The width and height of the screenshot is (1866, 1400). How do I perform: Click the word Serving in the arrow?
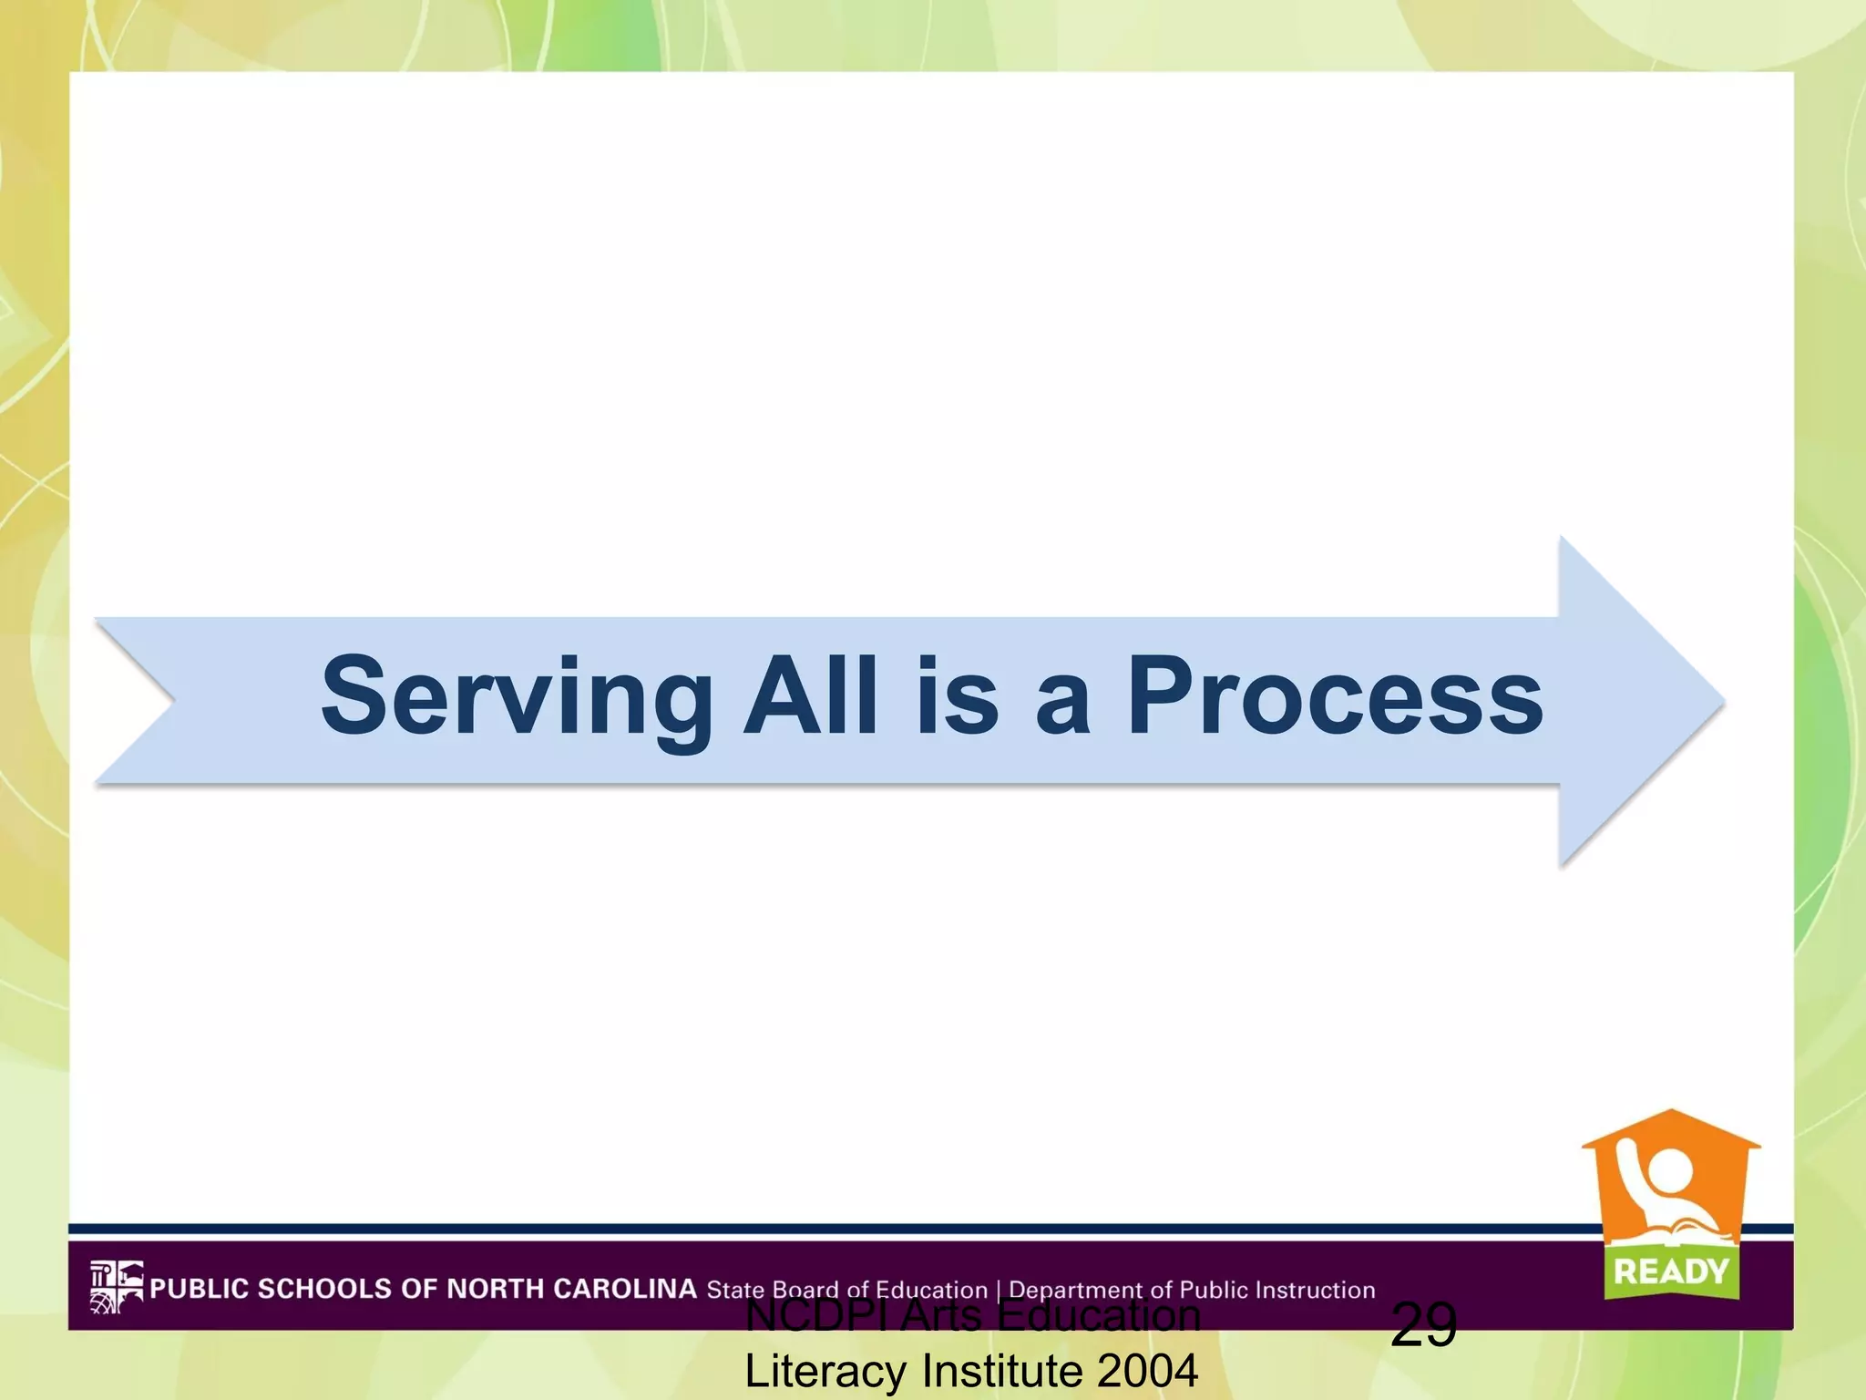point(516,698)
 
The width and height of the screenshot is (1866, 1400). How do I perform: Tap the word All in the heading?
point(811,696)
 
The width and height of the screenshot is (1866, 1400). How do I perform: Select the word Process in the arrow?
point(1335,696)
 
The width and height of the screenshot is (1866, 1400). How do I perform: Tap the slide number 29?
point(1423,1324)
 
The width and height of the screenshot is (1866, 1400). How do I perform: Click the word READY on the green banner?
point(1671,1271)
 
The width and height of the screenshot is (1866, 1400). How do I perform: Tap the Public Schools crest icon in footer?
point(116,1286)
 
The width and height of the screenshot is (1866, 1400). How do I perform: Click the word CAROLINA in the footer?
point(625,1288)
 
